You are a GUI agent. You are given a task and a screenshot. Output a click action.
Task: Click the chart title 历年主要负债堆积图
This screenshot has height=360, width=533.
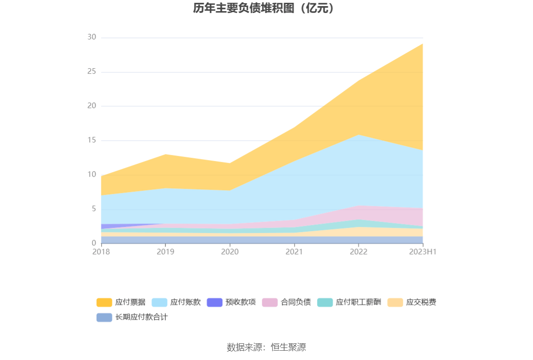(264, 8)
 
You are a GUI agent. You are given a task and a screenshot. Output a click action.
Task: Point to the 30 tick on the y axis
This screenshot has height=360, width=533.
(91, 38)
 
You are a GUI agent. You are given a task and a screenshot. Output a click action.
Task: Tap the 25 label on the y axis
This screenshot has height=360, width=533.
(91, 72)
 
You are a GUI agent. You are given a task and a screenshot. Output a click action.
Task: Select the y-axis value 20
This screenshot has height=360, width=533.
(91, 106)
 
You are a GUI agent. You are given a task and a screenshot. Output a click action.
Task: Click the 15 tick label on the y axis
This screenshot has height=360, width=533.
(91, 141)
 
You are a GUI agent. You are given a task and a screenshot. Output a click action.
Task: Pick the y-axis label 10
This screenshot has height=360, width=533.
(91, 175)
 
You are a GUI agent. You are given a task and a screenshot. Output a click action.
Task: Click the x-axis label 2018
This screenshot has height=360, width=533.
(101, 252)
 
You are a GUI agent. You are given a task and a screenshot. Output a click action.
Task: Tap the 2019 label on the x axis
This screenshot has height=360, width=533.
(165, 252)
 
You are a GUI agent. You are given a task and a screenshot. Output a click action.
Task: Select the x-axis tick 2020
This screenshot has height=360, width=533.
(230, 252)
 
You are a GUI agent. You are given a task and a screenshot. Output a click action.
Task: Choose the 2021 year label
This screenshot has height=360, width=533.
(294, 252)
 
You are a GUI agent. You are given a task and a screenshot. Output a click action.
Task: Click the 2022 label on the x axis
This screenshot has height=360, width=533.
(358, 252)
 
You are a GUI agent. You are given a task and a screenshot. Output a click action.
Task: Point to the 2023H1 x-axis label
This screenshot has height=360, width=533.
(422, 252)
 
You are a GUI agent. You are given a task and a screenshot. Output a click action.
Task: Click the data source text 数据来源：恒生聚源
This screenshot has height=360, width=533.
(266, 347)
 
